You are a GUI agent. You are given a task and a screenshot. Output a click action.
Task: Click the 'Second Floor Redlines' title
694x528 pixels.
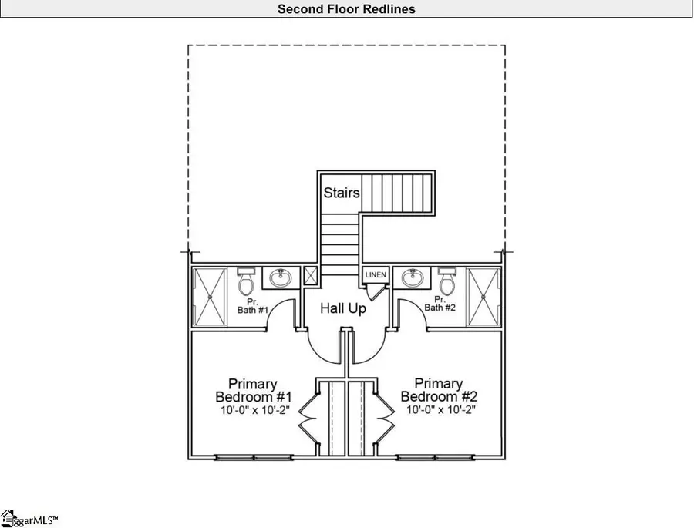(x=346, y=8)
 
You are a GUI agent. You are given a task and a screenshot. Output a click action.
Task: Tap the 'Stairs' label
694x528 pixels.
(x=342, y=193)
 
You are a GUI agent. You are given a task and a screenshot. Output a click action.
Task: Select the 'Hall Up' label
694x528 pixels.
(x=343, y=308)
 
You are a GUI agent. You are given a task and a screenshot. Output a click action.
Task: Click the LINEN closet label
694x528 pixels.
(x=376, y=274)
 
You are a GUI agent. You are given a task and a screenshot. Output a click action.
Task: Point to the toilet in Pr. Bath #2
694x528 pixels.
(x=447, y=281)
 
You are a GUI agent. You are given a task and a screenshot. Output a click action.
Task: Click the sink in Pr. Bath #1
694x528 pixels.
(x=281, y=277)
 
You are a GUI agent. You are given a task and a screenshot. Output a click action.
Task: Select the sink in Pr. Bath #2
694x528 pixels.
(x=413, y=277)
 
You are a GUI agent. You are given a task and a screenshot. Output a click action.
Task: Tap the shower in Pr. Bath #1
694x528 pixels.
(x=210, y=298)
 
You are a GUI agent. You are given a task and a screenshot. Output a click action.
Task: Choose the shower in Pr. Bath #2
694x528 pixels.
(x=483, y=298)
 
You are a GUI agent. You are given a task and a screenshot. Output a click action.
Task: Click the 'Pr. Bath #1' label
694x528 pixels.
(x=253, y=306)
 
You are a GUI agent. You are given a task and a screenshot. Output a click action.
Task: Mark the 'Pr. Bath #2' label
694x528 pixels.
(x=440, y=304)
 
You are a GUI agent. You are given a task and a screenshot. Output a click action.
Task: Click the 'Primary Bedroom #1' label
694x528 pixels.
(x=253, y=390)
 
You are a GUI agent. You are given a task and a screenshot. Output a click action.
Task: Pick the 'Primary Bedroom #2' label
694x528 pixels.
(x=439, y=390)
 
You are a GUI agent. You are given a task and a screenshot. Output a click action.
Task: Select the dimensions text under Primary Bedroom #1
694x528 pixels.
(x=255, y=410)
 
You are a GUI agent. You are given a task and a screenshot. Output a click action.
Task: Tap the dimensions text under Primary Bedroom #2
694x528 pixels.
(x=441, y=410)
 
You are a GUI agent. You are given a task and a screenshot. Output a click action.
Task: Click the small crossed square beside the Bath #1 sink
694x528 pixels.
(x=310, y=276)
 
